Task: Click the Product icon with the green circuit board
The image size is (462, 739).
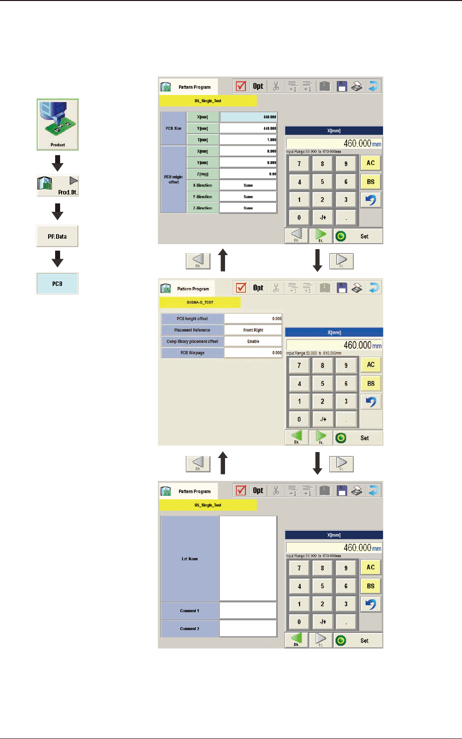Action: (58, 124)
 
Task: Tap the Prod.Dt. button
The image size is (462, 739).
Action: (58, 185)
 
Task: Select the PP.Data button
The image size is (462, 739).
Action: (57, 236)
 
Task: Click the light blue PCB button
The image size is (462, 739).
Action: (57, 283)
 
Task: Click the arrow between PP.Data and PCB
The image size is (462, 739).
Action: (58, 259)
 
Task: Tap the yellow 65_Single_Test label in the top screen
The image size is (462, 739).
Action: (208, 100)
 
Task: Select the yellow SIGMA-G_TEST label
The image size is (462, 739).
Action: (200, 302)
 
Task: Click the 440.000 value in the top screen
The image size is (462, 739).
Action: (248, 128)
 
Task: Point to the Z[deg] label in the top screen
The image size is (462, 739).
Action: (203, 174)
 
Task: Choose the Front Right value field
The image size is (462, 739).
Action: (253, 330)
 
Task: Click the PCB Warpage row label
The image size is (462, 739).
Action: (192, 353)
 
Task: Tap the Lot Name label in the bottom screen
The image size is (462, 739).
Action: (190, 559)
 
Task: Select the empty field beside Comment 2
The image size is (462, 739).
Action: (248, 629)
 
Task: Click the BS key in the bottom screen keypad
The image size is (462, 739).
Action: (371, 586)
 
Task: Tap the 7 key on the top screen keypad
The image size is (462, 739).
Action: (299, 164)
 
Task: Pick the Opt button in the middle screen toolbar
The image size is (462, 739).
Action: (258, 288)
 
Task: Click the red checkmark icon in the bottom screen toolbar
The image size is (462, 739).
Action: (241, 490)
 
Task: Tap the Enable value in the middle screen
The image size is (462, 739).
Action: (253, 342)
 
